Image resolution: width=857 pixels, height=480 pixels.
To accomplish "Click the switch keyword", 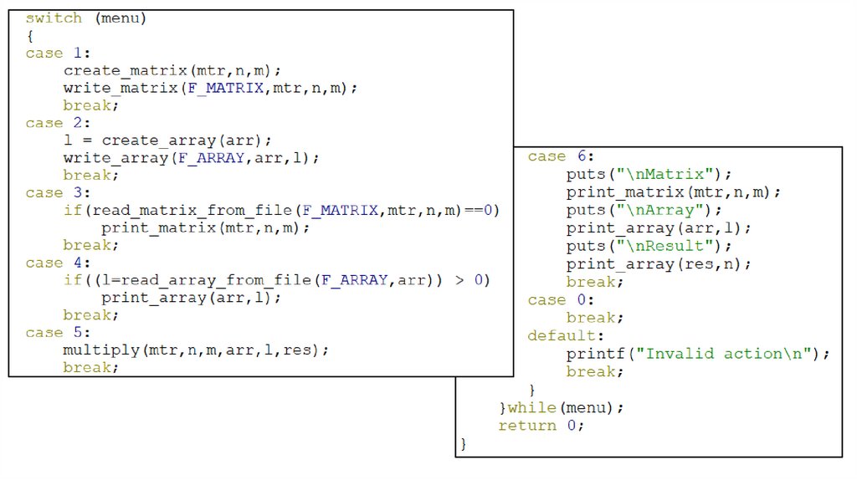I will coord(54,18).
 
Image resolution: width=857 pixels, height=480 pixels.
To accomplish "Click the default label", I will coord(561,335).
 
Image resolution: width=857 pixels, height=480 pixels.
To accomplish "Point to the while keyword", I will coord(531,408).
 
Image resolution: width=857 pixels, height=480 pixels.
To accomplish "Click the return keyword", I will coord(526,426).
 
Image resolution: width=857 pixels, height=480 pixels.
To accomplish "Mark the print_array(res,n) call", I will coord(659,264).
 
